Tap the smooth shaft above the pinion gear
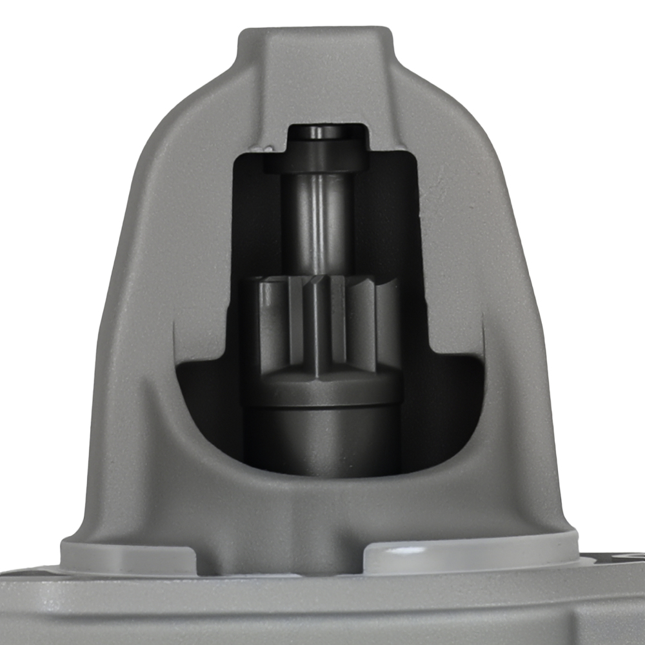pos(316,219)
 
